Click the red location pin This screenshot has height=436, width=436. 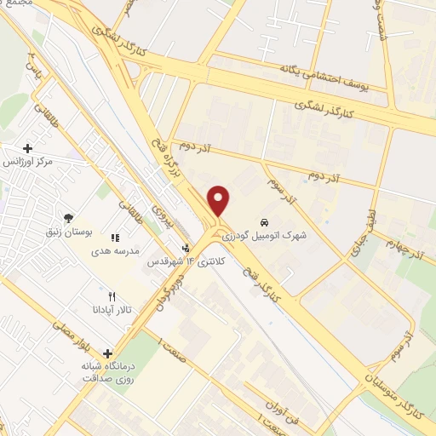coord(220,200)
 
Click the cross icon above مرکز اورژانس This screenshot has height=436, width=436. coord(28,148)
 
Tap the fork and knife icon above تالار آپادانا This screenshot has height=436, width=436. coord(112,295)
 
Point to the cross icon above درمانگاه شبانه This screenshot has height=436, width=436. coord(107,353)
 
